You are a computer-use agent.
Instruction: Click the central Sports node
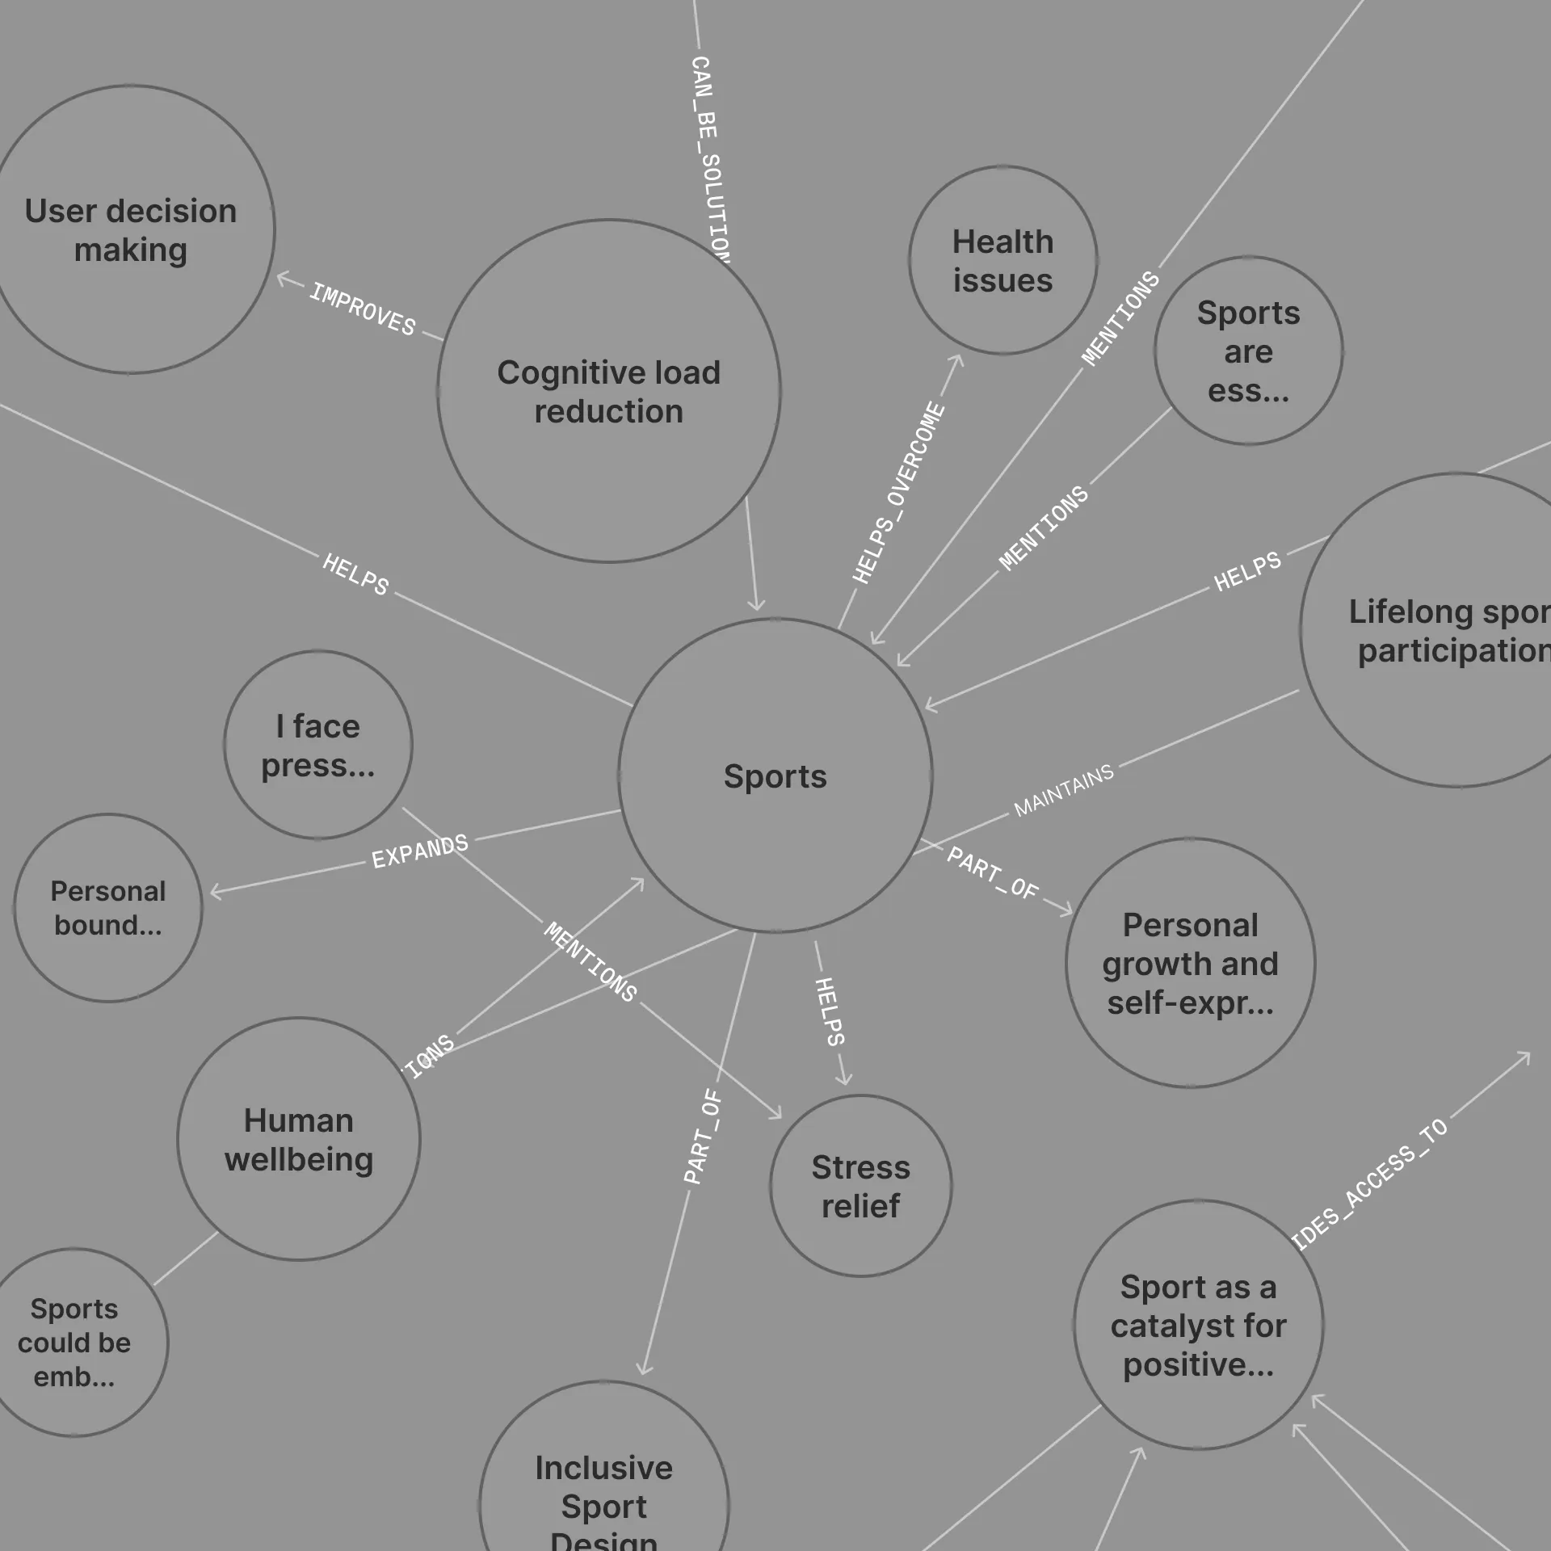pos(775,775)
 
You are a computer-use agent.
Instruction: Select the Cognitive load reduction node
pos(608,391)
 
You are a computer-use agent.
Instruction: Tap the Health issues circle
pos(1002,260)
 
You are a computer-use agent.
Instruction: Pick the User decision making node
pos(130,229)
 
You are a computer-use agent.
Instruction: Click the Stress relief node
pos(860,1186)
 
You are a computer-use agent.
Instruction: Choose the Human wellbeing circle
pos(298,1139)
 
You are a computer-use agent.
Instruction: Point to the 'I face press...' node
pos(317,745)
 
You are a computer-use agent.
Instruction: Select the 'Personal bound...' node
pos(107,908)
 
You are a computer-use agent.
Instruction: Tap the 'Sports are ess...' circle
pos(1248,351)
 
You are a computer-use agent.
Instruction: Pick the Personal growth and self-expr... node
pos(1190,963)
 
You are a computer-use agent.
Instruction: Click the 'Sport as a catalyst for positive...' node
pos(1198,1325)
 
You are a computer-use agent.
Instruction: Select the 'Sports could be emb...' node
pos(74,1343)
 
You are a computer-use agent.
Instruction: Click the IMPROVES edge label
pos(363,309)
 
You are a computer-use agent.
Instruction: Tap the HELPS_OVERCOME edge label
pos(898,493)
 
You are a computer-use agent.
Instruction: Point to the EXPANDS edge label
pos(419,851)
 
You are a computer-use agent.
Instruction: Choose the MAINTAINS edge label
pos(1063,790)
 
